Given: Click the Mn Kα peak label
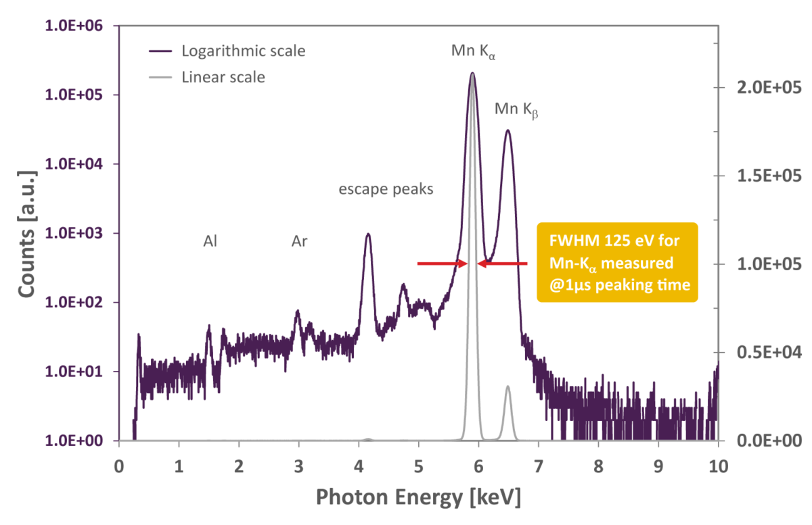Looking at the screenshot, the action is click(473, 52).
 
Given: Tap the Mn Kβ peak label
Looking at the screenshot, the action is click(516, 110).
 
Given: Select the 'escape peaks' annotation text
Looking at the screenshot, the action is click(386, 189).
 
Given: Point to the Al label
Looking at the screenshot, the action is click(210, 241).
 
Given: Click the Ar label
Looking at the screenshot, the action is click(299, 241).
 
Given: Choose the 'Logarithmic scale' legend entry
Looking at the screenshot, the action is click(227, 51).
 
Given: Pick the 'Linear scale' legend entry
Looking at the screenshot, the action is click(207, 77).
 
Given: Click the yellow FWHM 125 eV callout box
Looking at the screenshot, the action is click(617, 262).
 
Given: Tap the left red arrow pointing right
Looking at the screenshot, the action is click(443, 264).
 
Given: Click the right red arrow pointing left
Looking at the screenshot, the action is click(502, 264).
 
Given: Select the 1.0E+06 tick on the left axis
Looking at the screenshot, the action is click(74, 26).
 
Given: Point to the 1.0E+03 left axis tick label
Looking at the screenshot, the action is click(74, 233).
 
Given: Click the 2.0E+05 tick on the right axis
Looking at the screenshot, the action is click(769, 88).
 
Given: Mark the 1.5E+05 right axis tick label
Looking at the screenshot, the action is click(769, 176).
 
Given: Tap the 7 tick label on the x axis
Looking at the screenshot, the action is click(539, 467).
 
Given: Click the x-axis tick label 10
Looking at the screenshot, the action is click(718, 467).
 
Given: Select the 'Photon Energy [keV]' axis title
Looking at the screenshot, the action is click(419, 497).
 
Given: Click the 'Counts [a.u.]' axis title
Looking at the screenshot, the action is click(27, 234).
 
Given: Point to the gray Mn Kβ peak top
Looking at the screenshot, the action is click(508, 386).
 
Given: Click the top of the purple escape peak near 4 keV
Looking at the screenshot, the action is click(368, 234).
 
